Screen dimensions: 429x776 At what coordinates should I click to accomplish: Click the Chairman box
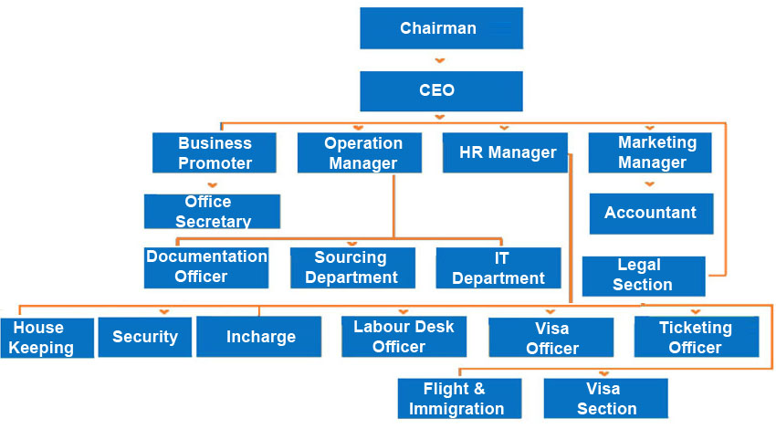point(441,28)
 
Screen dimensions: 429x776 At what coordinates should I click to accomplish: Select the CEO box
point(441,91)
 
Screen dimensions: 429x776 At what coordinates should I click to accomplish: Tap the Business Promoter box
point(215,153)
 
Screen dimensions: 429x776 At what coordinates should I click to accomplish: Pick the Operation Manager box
point(360,153)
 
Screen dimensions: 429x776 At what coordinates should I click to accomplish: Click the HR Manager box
point(505,153)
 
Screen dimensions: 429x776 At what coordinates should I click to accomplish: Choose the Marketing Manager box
point(650,153)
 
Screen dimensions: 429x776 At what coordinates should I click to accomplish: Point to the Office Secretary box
point(212,211)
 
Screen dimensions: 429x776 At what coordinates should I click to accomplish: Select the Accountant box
point(650,214)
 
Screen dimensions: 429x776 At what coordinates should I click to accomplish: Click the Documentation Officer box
point(206,267)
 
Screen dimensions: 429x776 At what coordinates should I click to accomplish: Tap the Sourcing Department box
point(352,267)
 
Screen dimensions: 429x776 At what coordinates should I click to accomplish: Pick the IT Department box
point(498,267)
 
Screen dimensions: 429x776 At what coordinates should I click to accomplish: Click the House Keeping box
point(47,337)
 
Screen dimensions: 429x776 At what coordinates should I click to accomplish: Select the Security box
point(144,337)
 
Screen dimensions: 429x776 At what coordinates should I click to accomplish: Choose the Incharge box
point(259,337)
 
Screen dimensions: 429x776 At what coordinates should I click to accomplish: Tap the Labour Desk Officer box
point(404,337)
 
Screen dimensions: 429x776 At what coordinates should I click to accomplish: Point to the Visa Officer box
point(551,337)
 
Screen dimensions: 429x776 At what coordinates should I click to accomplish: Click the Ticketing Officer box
point(696,337)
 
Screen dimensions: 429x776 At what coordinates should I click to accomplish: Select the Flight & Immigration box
point(459,399)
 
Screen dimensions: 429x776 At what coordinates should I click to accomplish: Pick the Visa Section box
point(605,399)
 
